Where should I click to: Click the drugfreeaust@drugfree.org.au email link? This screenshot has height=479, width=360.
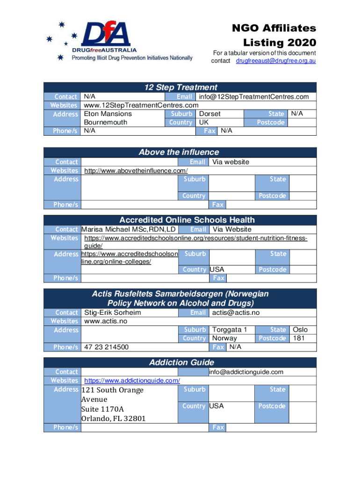coord(276,61)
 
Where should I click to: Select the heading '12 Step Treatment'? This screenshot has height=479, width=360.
coord(180,87)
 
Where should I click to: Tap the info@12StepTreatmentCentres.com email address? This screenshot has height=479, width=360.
coord(254,97)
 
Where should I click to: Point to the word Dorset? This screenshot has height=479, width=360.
coord(210,114)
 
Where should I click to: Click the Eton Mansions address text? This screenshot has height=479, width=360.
coord(108,114)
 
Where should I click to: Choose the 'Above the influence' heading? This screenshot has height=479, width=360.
coord(179,152)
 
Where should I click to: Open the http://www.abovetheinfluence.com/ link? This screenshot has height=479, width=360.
coord(136,171)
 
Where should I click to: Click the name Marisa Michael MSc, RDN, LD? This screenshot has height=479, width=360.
coord(129,229)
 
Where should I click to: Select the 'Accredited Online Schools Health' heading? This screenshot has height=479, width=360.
coord(187,220)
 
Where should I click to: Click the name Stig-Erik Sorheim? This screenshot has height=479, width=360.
coord(112,312)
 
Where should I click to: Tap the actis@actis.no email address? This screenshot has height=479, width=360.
coord(236,312)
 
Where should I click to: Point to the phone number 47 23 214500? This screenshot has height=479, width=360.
coord(106,347)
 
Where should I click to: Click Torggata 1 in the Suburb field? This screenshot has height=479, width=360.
coord(230,330)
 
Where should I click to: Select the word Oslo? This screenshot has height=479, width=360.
coord(300,330)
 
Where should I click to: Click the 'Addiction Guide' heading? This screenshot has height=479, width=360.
coord(181,363)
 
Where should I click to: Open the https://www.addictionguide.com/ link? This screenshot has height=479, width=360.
coord(132,381)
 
